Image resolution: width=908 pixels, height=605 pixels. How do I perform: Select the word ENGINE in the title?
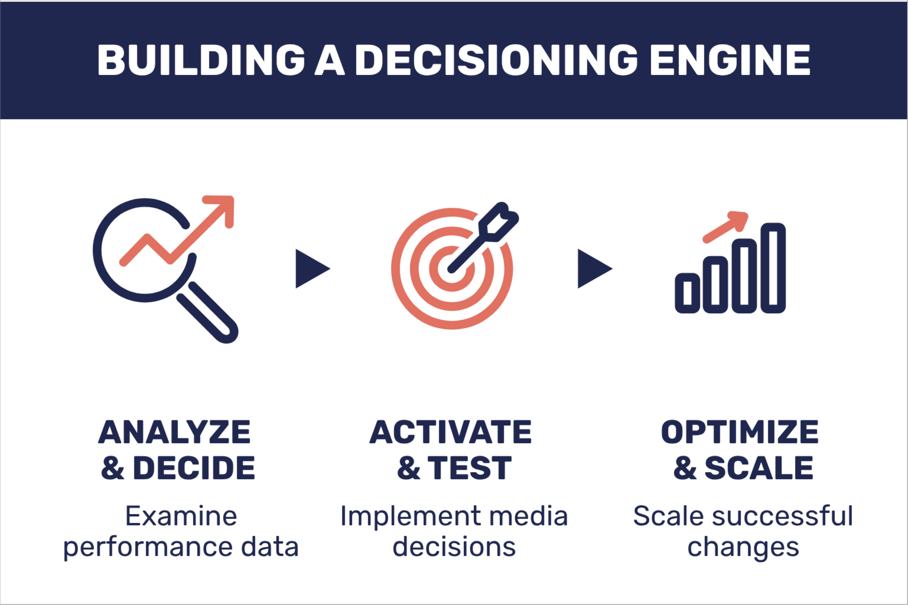coord(730,60)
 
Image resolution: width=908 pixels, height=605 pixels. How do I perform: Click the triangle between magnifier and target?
coord(311,269)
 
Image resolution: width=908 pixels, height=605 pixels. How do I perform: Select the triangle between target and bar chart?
coord(593,269)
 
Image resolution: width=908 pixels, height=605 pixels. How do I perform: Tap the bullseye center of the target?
coord(452,269)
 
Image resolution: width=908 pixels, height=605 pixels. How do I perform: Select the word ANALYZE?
coord(175,432)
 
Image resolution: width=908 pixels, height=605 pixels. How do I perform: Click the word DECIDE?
coord(194,468)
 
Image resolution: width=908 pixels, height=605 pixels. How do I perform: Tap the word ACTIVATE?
coord(450,432)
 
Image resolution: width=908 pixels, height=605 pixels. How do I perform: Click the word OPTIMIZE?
coord(739,432)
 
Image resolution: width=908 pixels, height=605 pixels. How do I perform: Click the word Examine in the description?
coord(181,516)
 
